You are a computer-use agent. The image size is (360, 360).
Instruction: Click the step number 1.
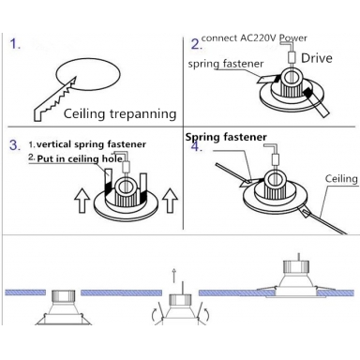point(15,44)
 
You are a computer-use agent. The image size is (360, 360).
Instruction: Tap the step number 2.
point(196,44)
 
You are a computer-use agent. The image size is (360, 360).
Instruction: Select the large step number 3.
point(15,145)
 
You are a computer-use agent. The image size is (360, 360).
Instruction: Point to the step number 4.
point(197,146)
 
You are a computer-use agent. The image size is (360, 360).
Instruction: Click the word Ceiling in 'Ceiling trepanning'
point(84,113)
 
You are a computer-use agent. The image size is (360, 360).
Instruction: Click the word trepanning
point(142,114)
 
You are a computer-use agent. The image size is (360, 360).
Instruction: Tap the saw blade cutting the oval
point(55,99)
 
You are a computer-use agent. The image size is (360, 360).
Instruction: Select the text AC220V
point(258,37)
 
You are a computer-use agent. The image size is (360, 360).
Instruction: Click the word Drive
point(317,58)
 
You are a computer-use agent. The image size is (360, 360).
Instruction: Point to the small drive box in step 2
point(292,57)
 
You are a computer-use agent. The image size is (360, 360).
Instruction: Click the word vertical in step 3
point(54,144)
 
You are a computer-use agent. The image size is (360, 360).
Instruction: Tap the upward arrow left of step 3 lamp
point(82,201)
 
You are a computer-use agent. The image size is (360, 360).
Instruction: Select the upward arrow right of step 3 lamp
point(171,201)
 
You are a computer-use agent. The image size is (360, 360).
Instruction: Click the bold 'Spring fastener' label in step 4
point(226,137)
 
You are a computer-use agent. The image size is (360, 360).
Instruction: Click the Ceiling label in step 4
point(341,179)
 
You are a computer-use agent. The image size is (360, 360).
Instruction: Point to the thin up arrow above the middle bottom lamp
point(174,276)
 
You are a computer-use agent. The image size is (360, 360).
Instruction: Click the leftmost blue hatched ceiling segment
point(25,292)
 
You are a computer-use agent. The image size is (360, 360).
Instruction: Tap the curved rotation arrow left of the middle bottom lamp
point(155,315)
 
